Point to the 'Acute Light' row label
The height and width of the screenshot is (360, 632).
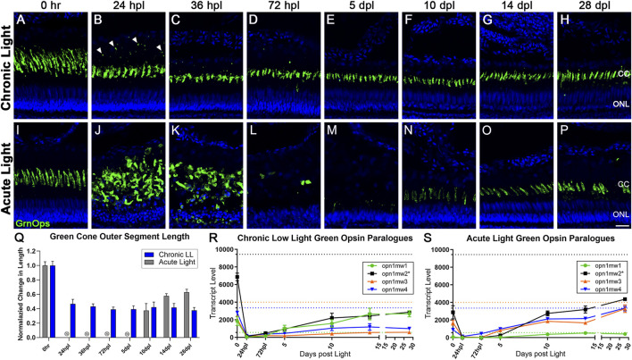[x=7, y=175]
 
